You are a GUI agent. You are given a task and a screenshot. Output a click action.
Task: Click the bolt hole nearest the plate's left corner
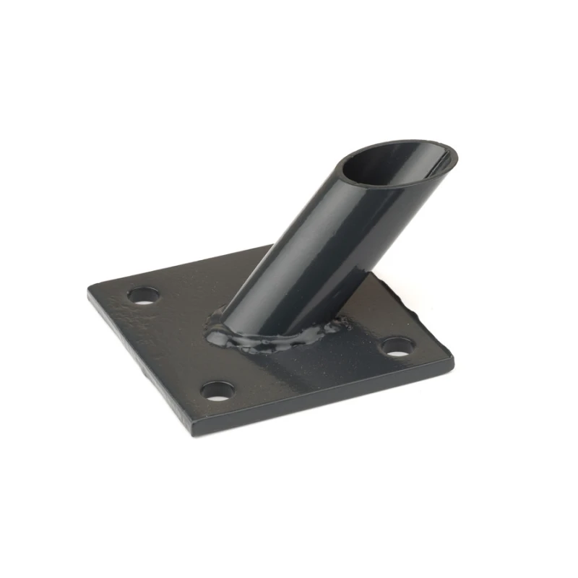click(x=143, y=296)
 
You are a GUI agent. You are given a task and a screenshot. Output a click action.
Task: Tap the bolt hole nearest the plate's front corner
click(x=217, y=392)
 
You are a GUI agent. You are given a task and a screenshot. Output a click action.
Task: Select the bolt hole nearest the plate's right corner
click(x=396, y=348)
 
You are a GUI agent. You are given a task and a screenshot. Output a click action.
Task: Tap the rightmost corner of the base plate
click(x=452, y=356)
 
